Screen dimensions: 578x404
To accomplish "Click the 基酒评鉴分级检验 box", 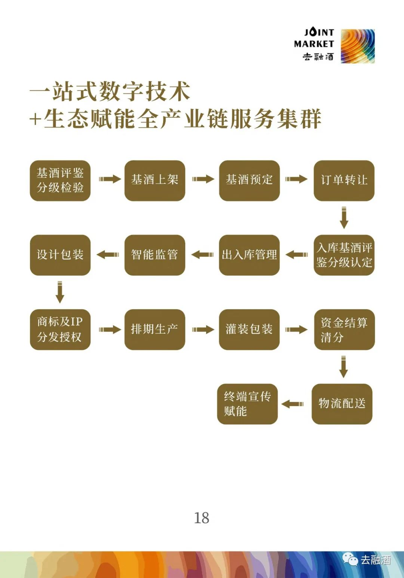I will pyautogui.click(x=60, y=180).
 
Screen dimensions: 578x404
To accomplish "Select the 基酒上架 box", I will pyautogui.click(x=155, y=180).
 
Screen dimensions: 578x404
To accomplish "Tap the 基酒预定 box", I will pyautogui.click(x=250, y=180).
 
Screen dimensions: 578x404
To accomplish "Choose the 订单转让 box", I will pyautogui.click(x=344, y=180).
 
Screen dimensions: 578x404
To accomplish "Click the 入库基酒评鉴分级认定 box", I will pyautogui.click(x=344, y=255).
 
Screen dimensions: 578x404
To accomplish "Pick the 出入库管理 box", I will pyautogui.click(x=250, y=255).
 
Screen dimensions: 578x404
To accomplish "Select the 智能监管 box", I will pyautogui.click(x=155, y=255).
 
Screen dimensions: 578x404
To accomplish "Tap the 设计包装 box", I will pyautogui.click(x=60, y=255).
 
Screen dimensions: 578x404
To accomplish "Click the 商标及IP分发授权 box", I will pyautogui.click(x=60, y=330).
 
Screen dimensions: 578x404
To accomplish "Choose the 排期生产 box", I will pyautogui.click(x=155, y=330).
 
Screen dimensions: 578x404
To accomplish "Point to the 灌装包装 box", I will pyautogui.click(x=250, y=330).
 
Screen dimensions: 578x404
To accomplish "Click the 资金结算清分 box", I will pyautogui.click(x=344, y=330).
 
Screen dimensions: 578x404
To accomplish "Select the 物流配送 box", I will pyautogui.click(x=342, y=404).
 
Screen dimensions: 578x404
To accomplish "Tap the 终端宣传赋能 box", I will pyautogui.click(x=247, y=404).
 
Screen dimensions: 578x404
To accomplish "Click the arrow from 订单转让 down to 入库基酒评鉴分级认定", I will pyautogui.click(x=344, y=217).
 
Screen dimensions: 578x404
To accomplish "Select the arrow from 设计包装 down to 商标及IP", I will pyautogui.click(x=60, y=292).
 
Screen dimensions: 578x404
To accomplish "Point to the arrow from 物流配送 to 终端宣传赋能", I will pyautogui.click(x=293, y=404).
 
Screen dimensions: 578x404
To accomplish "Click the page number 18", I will pyautogui.click(x=202, y=518).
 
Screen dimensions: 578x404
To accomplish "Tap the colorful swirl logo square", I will pyautogui.click(x=358, y=46).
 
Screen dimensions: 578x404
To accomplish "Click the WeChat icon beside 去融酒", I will pyautogui.click(x=351, y=559).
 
